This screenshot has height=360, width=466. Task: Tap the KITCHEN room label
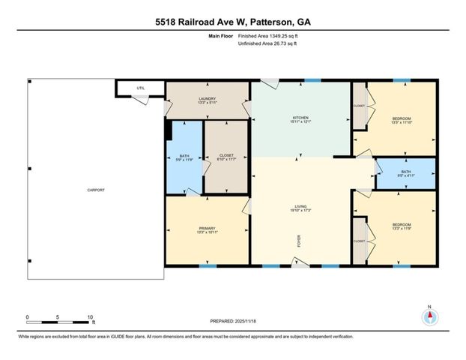coord(300,118)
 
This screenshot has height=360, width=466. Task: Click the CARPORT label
coord(95,190)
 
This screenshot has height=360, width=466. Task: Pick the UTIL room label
coord(140,88)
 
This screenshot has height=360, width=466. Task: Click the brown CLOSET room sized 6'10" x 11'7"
coord(227,156)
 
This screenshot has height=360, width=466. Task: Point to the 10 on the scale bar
coord(90,317)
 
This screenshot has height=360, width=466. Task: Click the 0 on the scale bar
coord(27,317)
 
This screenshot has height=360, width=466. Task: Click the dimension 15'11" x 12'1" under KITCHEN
coord(300,123)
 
